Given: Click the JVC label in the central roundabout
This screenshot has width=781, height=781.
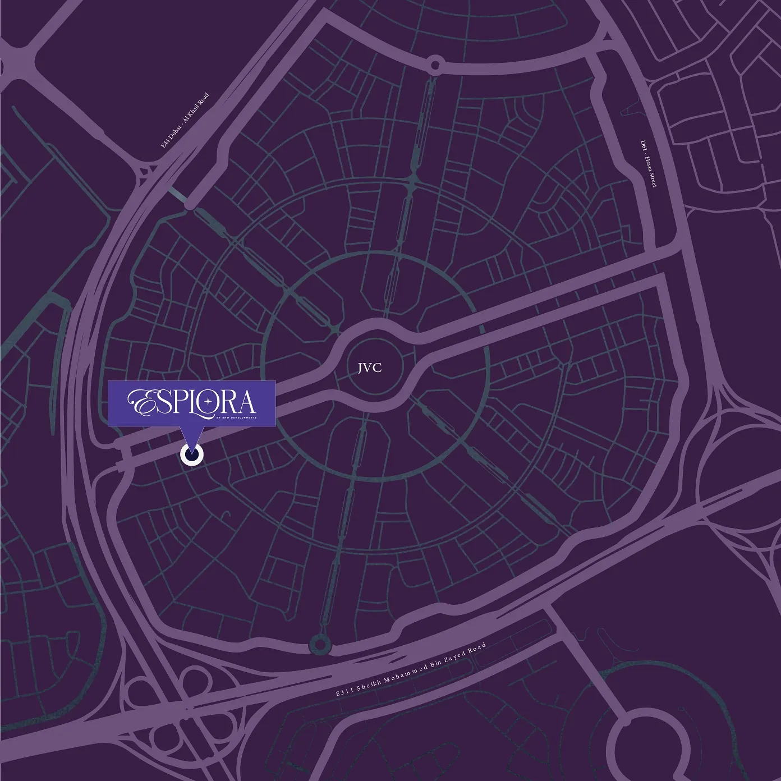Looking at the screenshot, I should click(370, 367).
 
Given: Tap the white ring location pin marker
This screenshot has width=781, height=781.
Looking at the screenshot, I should click(192, 456).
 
